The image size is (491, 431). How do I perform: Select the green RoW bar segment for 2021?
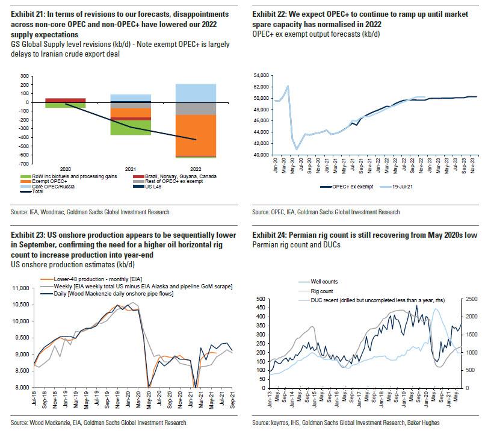(x=131, y=127)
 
